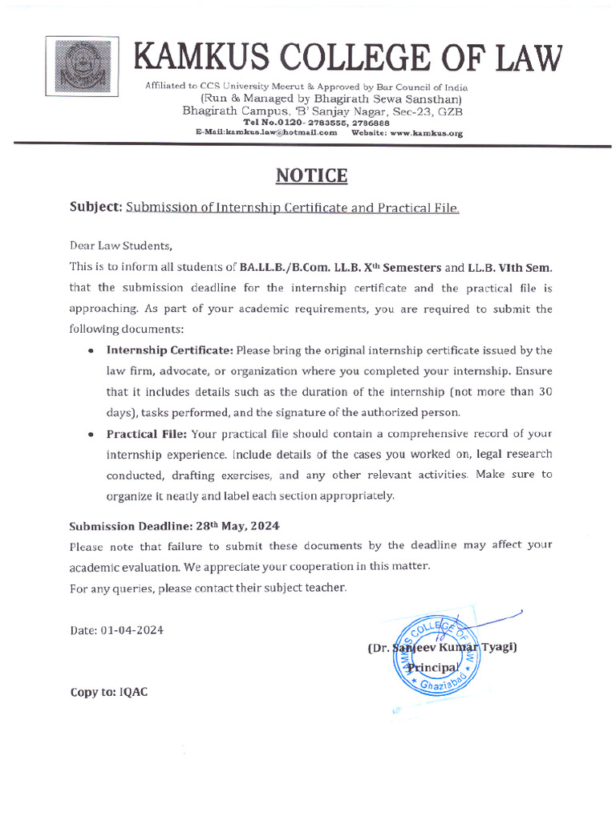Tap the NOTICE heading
pos(312,176)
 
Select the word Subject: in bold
pos(95,208)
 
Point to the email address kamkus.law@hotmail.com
pos(265,133)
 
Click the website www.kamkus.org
pos(426,133)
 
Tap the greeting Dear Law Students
pos(120,246)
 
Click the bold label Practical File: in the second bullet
pos(147,434)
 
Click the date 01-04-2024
pos(132,630)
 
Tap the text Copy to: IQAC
pos(108,692)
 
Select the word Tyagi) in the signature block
pos(496,647)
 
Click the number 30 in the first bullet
pos(545,392)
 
